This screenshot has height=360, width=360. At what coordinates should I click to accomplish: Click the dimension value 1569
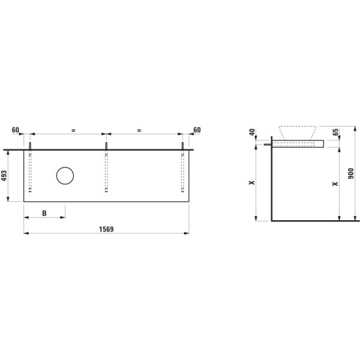[106, 229]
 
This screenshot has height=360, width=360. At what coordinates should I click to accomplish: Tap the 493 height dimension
[4, 175]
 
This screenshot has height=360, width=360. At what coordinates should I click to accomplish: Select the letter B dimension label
[44, 213]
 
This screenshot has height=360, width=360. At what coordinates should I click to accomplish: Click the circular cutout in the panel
[65, 176]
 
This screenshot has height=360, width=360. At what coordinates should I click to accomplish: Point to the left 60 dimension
[16, 130]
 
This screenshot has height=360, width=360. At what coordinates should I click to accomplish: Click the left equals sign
[73, 130]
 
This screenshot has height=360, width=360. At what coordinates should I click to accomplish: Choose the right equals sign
[139, 130]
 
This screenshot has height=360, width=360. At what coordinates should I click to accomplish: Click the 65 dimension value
[335, 132]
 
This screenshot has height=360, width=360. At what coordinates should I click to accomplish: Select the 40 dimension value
[253, 133]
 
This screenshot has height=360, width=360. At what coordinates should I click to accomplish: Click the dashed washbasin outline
[298, 131]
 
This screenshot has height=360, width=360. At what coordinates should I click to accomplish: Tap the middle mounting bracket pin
[106, 146]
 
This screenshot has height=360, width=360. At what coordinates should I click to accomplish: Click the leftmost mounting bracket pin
[30, 146]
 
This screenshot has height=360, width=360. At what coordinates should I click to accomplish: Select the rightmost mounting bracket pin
[182, 146]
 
